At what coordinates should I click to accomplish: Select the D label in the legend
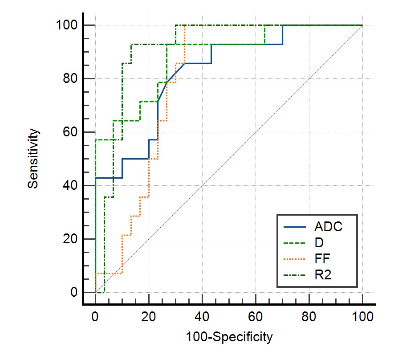click(x=319, y=243)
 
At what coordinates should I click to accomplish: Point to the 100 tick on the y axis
click(x=66, y=25)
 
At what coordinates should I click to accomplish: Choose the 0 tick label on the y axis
click(x=74, y=293)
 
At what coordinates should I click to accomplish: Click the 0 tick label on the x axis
click(x=95, y=317)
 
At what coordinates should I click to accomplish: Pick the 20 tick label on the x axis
click(x=149, y=317)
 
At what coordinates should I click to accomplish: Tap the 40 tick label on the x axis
click(x=202, y=317)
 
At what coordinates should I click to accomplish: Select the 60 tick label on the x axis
click(x=256, y=317)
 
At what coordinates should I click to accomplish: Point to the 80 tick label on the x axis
click(x=309, y=317)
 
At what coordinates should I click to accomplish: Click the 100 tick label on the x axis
click(x=362, y=317)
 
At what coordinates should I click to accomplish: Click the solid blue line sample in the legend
click(x=295, y=227)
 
